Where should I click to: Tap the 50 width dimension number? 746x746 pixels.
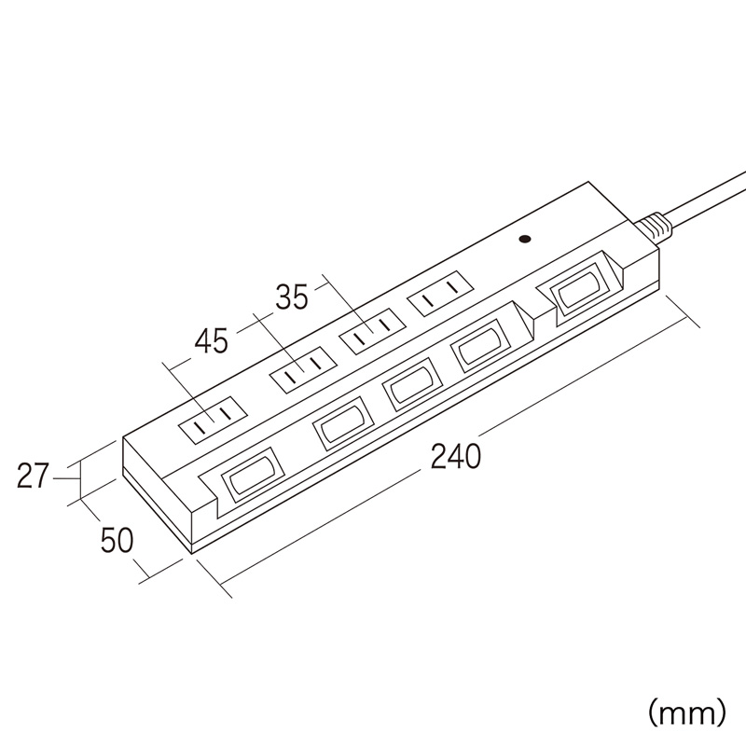pos(117,542)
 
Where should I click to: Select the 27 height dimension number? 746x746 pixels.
pos(33,477)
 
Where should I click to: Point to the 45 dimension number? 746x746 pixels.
pos(210,341)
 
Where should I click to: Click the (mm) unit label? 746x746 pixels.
pos(687,714)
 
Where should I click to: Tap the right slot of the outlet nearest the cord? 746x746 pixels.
pos(450,296)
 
